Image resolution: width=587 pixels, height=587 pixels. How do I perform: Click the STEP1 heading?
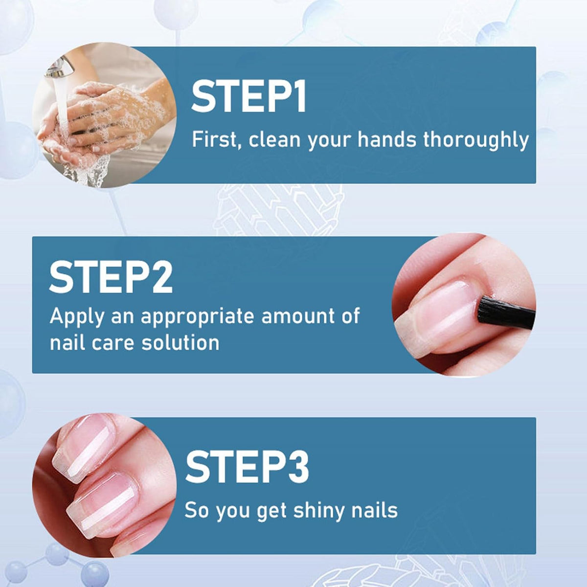coord(248,97)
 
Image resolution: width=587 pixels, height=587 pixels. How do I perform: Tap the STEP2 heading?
coord(111,277)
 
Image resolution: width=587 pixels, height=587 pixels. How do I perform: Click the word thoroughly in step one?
coord(475,140)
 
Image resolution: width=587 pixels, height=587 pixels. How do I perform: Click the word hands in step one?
coord(387,139)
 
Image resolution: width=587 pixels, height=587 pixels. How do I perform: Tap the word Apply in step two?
coord(77,317)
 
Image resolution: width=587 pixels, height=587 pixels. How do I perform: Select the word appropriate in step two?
coord(198,317)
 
